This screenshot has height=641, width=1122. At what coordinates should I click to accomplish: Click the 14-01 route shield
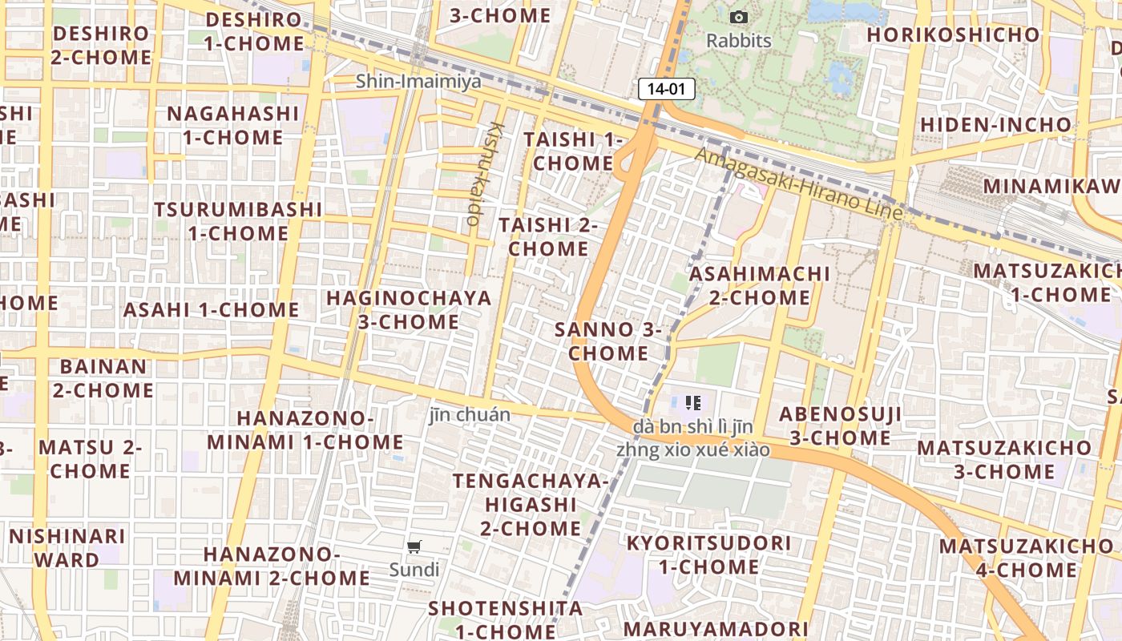point(666,89)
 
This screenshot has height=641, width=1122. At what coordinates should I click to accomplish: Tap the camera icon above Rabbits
point(738,17)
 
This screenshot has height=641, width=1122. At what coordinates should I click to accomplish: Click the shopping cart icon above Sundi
point(414,547)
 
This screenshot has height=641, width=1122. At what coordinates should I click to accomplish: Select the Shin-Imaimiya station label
point(418,81)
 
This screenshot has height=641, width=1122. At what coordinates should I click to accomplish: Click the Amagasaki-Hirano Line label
point(799,185)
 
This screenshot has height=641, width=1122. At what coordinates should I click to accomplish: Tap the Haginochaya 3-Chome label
point(409,310)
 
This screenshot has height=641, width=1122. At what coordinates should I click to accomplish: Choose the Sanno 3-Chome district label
point(609,341)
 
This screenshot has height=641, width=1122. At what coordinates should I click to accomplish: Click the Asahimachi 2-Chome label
point(760,285)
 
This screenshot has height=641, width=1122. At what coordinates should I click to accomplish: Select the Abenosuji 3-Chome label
point(840,425)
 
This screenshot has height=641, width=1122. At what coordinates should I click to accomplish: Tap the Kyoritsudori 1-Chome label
point(708,554)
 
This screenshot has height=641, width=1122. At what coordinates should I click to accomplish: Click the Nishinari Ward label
point(67,547)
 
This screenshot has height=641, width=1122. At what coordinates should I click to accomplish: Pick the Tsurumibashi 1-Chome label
point(238,221)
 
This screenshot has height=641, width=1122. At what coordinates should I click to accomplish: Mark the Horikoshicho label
point(953,34)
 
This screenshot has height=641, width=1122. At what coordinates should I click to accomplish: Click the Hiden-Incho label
point(995,125)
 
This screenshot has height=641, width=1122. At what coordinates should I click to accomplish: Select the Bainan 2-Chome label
point(103,378)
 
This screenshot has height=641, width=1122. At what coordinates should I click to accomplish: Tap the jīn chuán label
point(470,414)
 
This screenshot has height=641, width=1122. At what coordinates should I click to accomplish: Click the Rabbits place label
point(738,40)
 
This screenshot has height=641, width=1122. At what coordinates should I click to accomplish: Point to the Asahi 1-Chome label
point(211,309)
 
